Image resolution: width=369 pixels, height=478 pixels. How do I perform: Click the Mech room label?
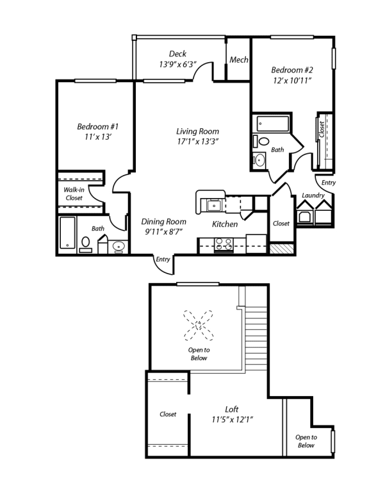point(239,60)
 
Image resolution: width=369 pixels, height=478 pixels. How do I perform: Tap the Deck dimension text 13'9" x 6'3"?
point(177,64)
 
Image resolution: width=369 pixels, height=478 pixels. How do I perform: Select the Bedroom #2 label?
point(291,70)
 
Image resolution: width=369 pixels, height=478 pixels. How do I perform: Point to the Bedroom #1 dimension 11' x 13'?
point(97,136)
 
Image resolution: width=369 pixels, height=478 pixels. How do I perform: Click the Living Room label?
point(198,131)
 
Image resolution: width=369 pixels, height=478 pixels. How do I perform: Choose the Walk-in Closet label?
point(73,194)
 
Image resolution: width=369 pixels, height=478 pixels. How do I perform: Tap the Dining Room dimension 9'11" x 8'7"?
point(163,231)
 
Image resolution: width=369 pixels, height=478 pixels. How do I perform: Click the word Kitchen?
point(225,225)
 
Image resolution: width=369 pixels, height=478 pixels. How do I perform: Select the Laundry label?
point(313,195)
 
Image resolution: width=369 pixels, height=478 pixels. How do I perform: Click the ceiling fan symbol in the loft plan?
point(199,326)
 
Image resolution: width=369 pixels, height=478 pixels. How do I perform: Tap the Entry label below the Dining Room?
point(163,260)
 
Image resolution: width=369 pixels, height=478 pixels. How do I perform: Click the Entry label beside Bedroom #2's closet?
point(328,183)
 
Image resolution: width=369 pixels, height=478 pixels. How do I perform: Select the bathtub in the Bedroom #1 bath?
point(68,233)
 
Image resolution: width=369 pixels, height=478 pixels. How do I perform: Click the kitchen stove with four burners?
point(222,243)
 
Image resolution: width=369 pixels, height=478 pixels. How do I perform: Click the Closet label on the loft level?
point(168,415)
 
